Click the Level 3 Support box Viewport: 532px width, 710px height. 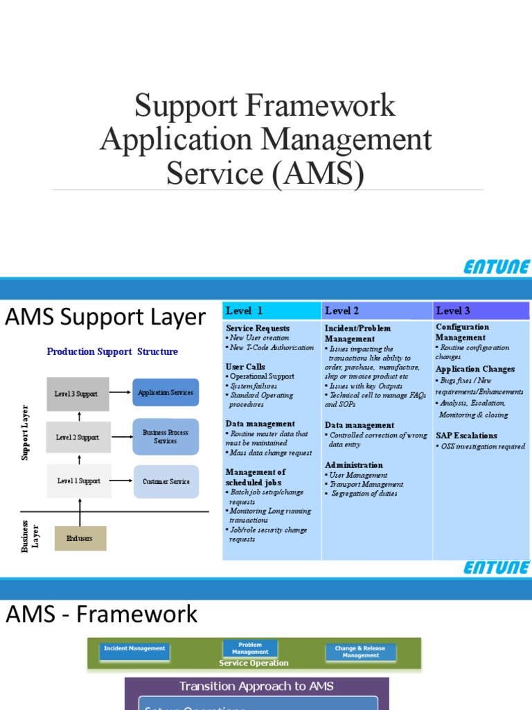[78, 394]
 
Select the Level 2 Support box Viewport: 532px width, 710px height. [78, 438]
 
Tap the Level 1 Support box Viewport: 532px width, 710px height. [79, 481]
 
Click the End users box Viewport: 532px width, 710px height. [80, 538]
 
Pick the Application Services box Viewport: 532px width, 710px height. [166, 392]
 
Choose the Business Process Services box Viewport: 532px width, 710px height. [166, 437]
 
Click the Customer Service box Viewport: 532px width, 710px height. [166, 481]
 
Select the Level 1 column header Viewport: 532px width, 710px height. [245, 311]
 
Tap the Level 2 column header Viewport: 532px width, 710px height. [342, 311]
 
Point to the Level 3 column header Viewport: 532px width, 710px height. [453, 311]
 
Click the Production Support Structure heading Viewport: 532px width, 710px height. [112, 352]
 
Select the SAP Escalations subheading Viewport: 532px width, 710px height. [466, 435]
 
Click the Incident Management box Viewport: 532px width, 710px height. [134, 649]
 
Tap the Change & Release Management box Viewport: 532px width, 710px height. [361, 652]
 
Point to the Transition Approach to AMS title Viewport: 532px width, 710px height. [256, 686]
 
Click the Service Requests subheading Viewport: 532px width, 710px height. [258, 328]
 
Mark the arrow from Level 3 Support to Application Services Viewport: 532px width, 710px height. [121, 392]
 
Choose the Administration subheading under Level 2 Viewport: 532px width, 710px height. [354, 465]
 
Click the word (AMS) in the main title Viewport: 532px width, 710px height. [318, 173]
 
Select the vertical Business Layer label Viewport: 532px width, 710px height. [30, 535]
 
